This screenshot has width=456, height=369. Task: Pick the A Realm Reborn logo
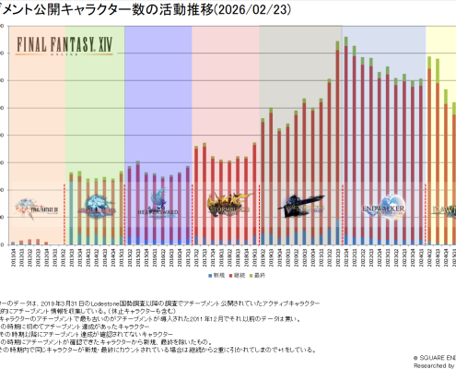coord(95,204)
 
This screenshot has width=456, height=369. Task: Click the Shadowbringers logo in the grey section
coord(301,204)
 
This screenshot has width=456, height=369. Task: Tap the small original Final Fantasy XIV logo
coord(34,208)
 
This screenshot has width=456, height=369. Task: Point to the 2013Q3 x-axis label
coord(71,255)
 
